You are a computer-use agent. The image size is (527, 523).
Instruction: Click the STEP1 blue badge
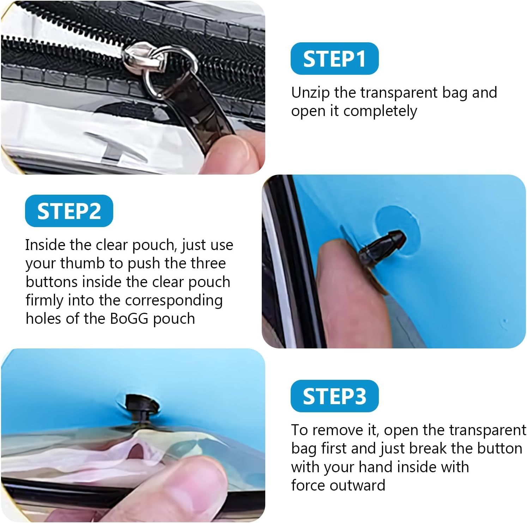(x=334, y=59)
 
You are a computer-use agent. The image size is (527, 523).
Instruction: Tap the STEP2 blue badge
(x=69, y=211)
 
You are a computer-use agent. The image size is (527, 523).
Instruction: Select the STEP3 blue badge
(x=334, y=396)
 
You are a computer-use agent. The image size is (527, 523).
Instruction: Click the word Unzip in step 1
(x=310, y=93)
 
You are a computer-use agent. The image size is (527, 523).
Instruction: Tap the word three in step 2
(x=208, y=263)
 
